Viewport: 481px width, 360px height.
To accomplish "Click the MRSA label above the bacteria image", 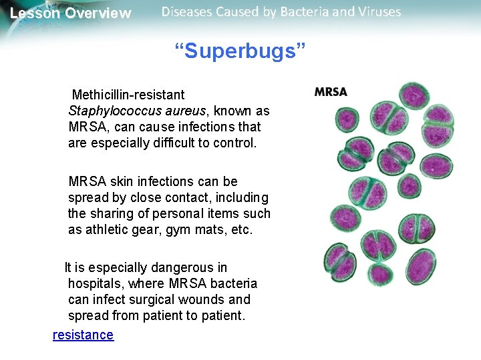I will click(x=331, y=92).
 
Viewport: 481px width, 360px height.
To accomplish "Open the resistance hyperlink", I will click(x=83, y=335).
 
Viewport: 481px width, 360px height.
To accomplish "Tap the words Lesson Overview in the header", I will click(x=71, y=13).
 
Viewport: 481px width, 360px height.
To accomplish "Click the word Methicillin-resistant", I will click(x=128, y=95).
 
